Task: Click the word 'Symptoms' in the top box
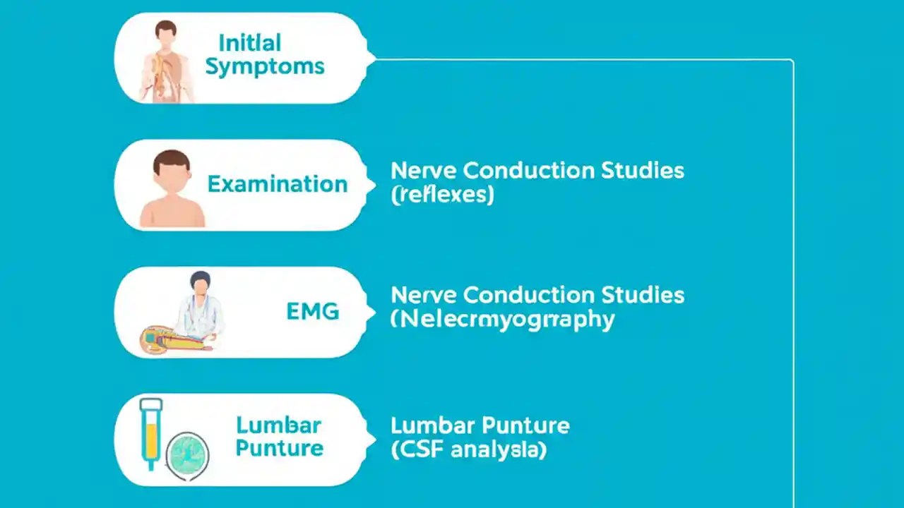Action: [x=265, y=67]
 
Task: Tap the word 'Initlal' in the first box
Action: [x=249, y=42]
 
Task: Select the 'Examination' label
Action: [x=278, y=185]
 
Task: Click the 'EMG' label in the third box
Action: [x=313, y=311]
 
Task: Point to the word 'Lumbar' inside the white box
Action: [x=278, y=425]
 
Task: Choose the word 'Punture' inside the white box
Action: [x=280, y=448]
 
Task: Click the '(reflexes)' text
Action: [x=442, y=195]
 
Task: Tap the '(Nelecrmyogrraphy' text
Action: [x=502, y=319]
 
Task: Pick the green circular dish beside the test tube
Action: [x=187, y=455]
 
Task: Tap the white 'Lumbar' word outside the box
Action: [x=433, y=426]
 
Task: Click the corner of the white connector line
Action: [x=792, y=61]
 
